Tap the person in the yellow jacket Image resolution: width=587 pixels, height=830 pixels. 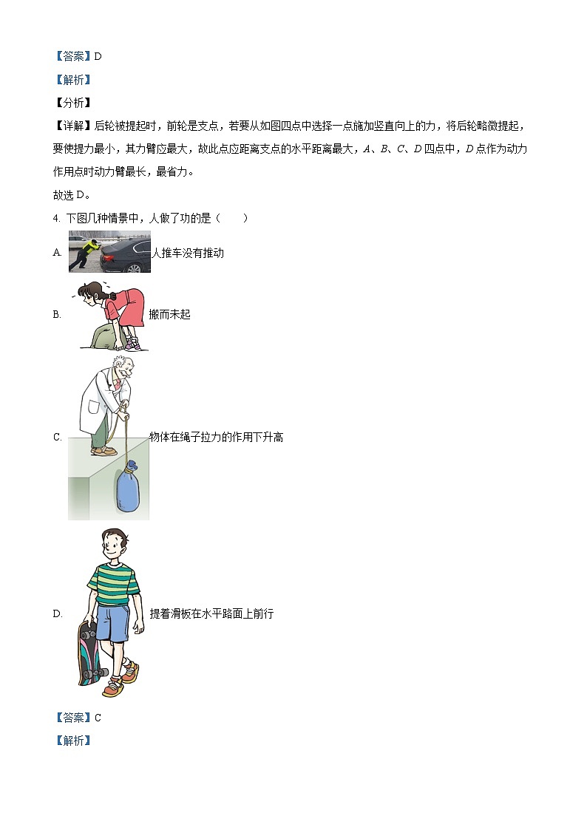85,251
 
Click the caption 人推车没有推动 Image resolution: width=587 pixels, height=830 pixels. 187,253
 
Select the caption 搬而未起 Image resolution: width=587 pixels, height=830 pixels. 169,314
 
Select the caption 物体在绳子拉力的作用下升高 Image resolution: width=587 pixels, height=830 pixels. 216,437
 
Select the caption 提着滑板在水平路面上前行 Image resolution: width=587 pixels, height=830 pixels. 211,613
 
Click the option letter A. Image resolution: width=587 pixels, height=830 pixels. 57,253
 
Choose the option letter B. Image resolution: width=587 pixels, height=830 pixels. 57,315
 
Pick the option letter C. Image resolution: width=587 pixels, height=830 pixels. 57,438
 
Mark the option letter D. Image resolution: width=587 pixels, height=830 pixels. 57,614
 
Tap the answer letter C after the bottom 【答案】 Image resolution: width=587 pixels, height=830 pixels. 98,718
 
